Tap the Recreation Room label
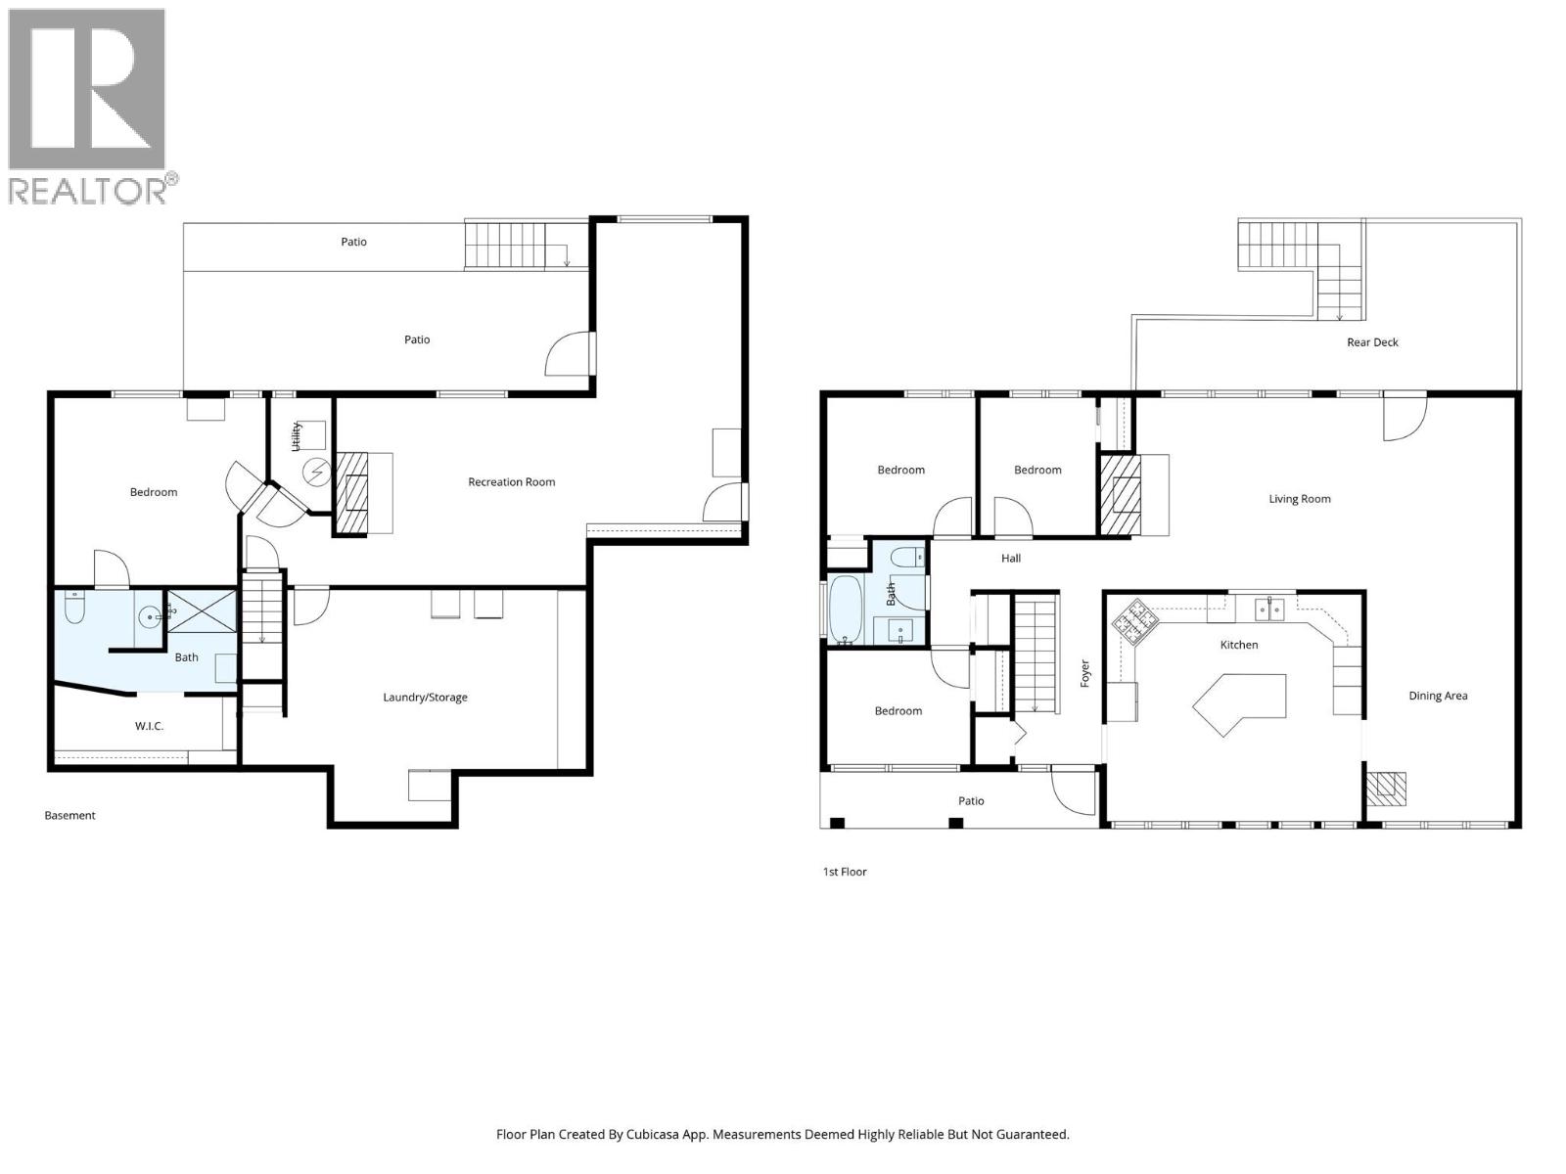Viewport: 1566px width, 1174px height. pos(511,482)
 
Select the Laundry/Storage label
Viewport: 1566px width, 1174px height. pos(425,698)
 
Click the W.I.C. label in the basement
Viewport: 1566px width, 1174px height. pos(149,726)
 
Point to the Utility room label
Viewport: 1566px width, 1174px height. pos(296,436)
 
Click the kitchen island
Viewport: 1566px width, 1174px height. pos(1238,702)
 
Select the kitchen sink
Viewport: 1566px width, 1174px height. pos(1269,610)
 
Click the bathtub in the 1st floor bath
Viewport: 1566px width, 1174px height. pos(846,610)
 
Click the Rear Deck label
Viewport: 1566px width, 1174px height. pos(1372,342)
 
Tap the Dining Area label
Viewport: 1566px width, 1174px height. pos(1438,697)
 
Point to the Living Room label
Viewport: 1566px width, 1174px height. pos(1299,499)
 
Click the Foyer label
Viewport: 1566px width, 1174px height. pos(1084,673)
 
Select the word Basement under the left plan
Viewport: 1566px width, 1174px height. pos(69,816)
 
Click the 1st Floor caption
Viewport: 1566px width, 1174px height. pos(844,872)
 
